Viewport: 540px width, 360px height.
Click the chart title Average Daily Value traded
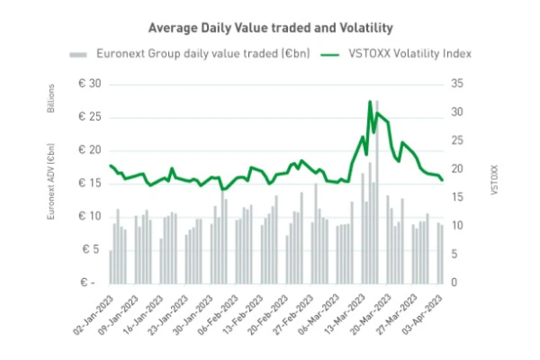pos(270,28)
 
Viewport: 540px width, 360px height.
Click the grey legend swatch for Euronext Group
pos(78,55)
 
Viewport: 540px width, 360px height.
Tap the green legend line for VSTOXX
pos(330,55)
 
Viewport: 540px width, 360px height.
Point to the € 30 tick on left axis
pos(90,84)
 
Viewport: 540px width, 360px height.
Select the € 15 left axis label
pos(90,183)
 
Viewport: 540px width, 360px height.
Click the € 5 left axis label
pos(91,249)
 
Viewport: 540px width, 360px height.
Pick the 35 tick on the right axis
pos(457,83)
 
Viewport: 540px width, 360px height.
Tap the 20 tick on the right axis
pos(457,169)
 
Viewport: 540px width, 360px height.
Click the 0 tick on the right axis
pos(454,282)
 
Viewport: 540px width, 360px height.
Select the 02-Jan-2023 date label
pos(94,314)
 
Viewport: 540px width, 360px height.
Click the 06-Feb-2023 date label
pos(219,314)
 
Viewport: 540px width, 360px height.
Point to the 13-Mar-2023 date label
pos(345,314)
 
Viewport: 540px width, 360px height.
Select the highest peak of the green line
pos(370,102)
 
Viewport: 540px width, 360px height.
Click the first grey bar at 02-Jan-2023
pos(111,267)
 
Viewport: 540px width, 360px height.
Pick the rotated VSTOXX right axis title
pos(494,180)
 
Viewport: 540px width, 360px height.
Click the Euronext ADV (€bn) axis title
pos(51,181)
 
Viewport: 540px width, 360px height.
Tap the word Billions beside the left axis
pos(51,98)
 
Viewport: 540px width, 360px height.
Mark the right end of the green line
pos(442,180)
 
